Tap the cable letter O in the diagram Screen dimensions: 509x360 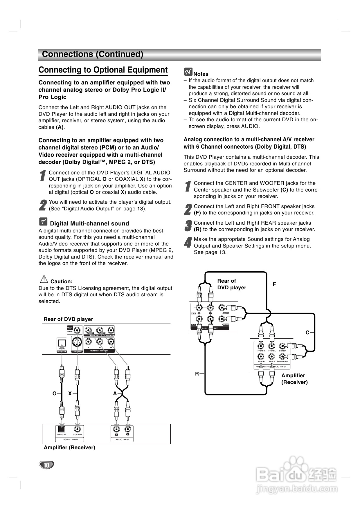(54, 394)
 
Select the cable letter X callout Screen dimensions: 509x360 (70, 394)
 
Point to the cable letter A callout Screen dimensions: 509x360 (115, 394)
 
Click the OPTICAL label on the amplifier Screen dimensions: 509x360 (62, 434)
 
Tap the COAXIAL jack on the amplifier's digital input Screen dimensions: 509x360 (77, 429)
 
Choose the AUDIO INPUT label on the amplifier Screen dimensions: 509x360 (122, 439)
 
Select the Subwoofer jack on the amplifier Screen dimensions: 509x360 (282, 357)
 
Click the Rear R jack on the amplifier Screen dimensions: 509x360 (261, 357)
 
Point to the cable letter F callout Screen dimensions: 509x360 (274, 284)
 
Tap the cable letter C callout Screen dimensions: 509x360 (307, 333)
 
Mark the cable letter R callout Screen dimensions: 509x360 (197, 374)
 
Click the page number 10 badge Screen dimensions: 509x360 (46, 465)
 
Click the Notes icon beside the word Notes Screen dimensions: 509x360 (188, 72)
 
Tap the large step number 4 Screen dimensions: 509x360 (188, 242)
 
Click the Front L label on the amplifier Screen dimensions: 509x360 (272, 351)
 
